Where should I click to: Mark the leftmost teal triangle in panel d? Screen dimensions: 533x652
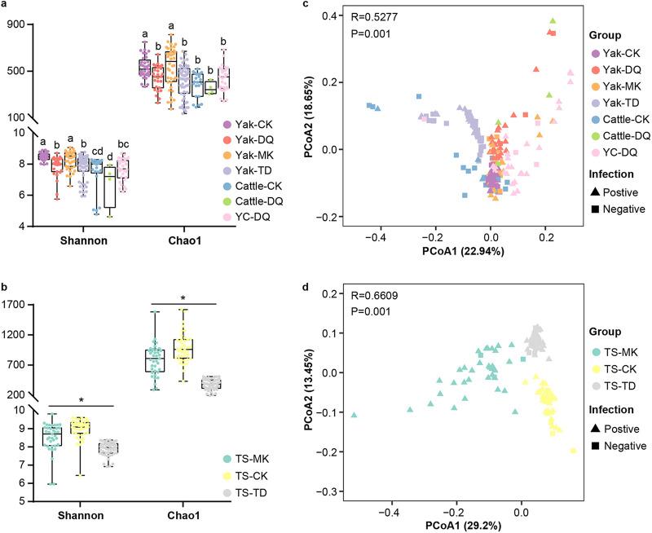click(x=354, y=415)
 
